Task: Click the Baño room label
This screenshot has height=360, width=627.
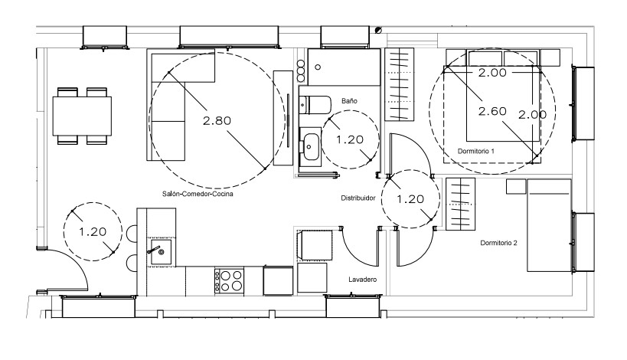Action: [x=349, y=101]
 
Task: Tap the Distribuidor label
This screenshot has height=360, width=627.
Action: [x=358, y=198]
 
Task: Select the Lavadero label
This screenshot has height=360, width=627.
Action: [x=362, y=280]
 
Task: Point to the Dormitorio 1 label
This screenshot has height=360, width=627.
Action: [x=476, y=151]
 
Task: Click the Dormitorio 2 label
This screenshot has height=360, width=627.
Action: [x=498, y=243]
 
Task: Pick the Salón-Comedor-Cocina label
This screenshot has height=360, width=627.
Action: [x=198, y=194]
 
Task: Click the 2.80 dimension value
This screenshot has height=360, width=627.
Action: [x=217, y=120]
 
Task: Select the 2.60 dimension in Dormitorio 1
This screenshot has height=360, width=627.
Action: [x=492, y=111]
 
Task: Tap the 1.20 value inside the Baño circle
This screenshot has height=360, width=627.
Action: [x=350, y=139]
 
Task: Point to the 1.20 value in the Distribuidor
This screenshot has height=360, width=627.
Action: [x=410, y=199]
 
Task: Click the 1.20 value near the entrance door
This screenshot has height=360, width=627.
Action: [x=93, y=232]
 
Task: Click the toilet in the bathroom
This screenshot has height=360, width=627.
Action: [x=315, y=105]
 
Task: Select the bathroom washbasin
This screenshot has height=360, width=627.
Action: [x=310, y=146]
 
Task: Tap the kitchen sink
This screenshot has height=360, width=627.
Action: [x=161, y=251]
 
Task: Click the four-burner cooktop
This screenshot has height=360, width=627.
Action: [x=229, y=281]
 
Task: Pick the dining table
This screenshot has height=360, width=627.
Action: [x=82, y=116]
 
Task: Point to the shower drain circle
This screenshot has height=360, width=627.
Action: [x=318, y=67]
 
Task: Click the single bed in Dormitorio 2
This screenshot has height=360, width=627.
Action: [x=549, y=226]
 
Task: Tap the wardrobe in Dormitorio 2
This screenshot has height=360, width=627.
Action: [x=460, y=204]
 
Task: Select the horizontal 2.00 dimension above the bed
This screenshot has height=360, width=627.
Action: [x=492, y=73]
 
